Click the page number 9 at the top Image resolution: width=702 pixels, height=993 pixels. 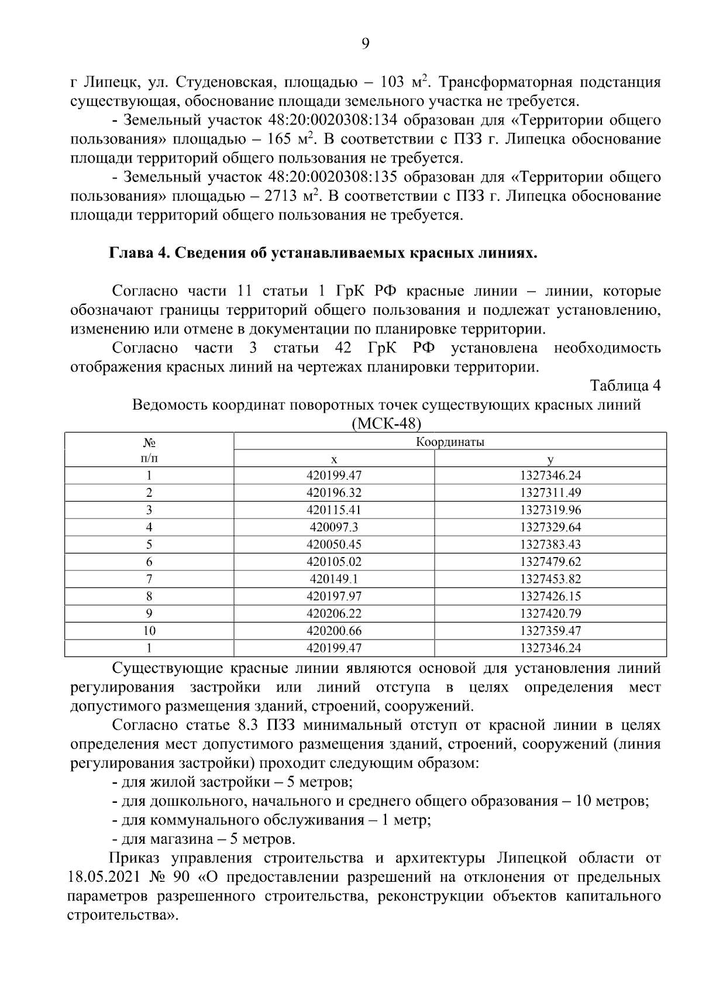pos(365,44)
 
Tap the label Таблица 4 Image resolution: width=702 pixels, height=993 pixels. pos(625,386)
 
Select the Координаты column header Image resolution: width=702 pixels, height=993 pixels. pos(450,442)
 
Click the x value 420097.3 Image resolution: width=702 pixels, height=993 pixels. pos(333,527)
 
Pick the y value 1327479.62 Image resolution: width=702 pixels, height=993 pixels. pos(550,562)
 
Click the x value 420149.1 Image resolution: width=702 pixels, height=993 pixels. pos(333,579)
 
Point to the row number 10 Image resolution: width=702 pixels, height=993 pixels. pos(149,631)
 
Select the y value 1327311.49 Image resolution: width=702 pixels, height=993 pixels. pos(550,493)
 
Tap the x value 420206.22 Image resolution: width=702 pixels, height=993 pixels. pos(333,614)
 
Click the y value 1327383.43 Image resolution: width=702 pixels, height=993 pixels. pos(550,545)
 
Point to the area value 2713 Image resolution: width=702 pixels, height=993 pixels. pos(283,196)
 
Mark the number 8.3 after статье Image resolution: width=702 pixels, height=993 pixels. pos(248,726)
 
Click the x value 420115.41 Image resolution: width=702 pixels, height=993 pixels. pos(333,510)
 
